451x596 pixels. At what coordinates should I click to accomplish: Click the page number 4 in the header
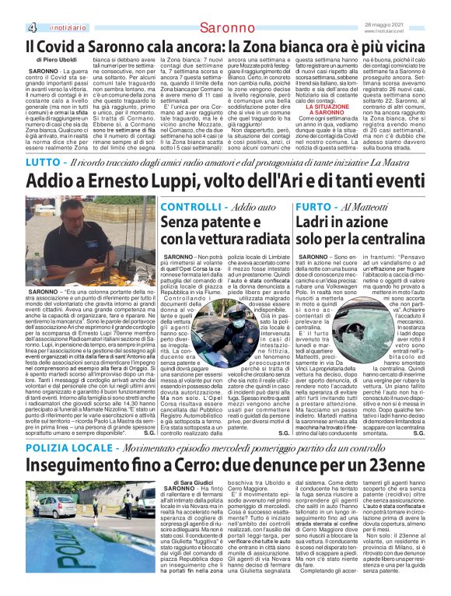(x=33, y=28)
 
